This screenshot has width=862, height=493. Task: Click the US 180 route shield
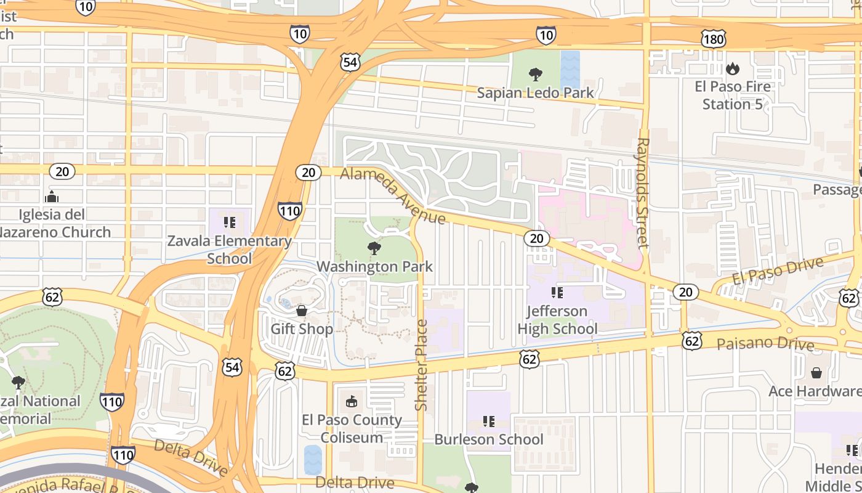click(x=714, y=39)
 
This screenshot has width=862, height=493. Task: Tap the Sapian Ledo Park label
click(x=536, y=93)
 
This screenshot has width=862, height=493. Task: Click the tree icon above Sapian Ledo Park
click(x=536, y=75)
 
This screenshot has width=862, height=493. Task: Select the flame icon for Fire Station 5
click(x=732, y=68)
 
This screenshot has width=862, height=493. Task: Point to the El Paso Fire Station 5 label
click(x=732, y=95)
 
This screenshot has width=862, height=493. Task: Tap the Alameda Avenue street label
click(x=393, y=196)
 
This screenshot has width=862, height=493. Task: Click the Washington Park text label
click(x=374, y=267)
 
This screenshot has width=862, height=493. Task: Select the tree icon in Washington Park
click(x=374, y=248)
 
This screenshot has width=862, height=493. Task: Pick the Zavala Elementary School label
click(x=229, y=249)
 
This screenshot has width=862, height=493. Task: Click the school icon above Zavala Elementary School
click(x=230, y=222)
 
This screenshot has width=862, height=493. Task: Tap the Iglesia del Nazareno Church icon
click(x=52, y=197)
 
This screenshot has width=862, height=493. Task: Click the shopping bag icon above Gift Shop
click(x=302, y=311)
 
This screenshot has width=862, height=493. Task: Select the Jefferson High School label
click(x=557, y=320)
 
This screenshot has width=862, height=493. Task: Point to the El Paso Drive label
click(x=778, y=272)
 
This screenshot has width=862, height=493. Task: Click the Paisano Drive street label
click(x=765, y=343)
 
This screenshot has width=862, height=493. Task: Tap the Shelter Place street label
click(x=421, y=365)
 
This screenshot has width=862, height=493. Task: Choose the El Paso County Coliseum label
click(x=352, y=428)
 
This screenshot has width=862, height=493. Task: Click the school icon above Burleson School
click(x=489, y=422)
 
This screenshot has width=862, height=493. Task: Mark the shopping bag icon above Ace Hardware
click(x=816, y=373)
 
